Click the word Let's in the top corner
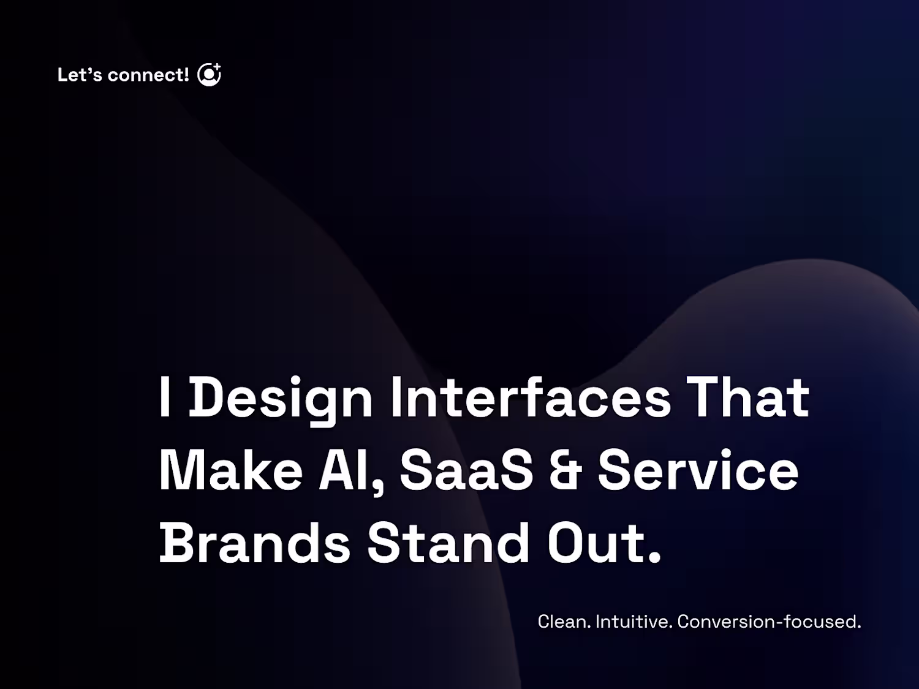pos(80,75)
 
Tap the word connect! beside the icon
pos(148,75)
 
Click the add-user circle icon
pos(209,75)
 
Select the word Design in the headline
pos(281,399)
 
